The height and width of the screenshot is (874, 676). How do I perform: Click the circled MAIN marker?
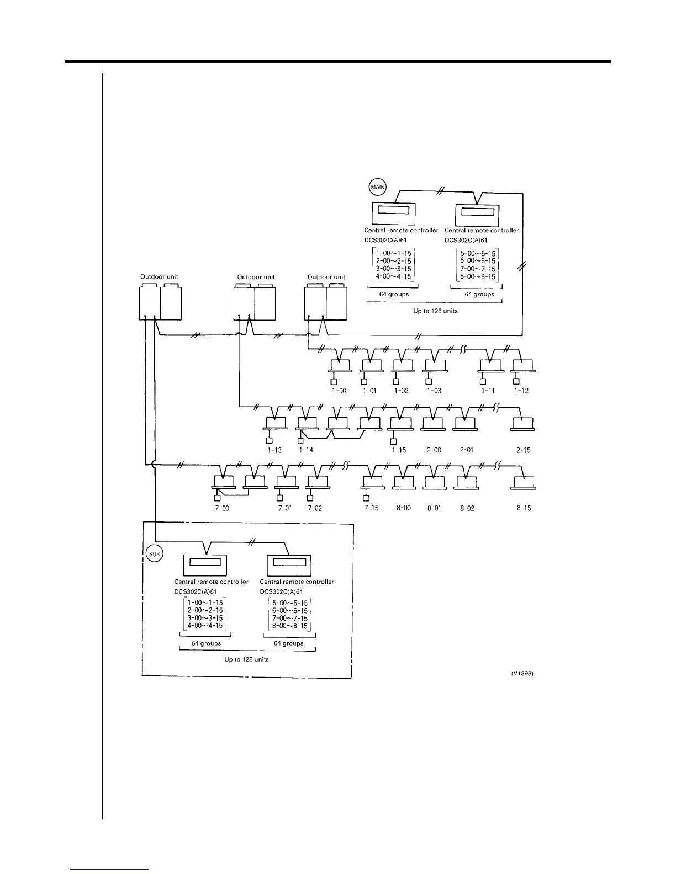tap(378, 187)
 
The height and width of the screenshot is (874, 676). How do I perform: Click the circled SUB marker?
tap(154, 553)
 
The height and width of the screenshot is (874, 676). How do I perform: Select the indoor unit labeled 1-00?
tap(339, 366)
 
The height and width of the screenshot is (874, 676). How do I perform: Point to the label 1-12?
tap(521, 391)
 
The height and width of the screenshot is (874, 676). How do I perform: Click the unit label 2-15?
tap(523, 450)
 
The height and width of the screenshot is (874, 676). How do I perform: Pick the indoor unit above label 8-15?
tap(524, 482)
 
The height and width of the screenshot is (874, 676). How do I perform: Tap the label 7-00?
tap(222, 508)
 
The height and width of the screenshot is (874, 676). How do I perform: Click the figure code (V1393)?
tap(522, 673)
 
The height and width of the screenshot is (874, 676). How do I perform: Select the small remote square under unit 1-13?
tap(270, 440)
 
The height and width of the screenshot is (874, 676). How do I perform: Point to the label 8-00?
tap(403, 508)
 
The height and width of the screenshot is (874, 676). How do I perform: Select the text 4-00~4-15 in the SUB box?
tap(205, 626)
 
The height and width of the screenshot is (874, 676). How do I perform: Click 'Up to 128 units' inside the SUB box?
tap(246, 659)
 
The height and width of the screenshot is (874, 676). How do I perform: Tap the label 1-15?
tap(398, 450)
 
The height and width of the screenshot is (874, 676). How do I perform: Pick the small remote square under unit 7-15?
tap(366, 499)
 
